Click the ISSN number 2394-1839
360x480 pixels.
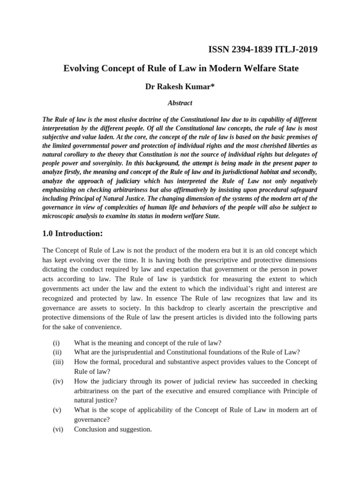click(249, 49)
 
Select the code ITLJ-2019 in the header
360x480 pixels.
click(296, 49)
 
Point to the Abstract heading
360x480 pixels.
click(180, 103)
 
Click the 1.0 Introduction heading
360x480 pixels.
click(72, 233)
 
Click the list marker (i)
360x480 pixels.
click(56, 343)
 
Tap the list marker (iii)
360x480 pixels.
click(58, 361)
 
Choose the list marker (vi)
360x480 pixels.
click(57, 428)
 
